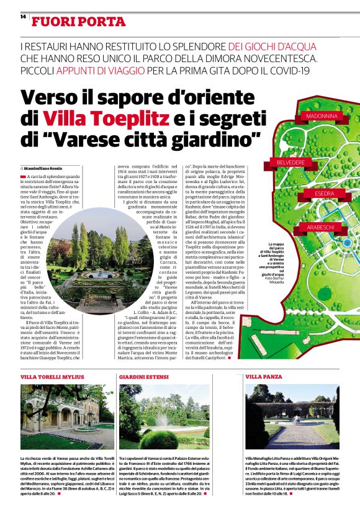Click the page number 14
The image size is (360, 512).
pyautogui.click(x=22, y=17)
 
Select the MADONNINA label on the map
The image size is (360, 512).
pyautogui.click(x=320, y=116)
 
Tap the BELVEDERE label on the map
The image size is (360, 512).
pyautogui.click(x=286, y=163)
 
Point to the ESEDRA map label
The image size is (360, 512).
pyautogui.click(x=324, y=194)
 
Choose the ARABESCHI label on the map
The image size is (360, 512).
pyautogui.click(x=321, y=228)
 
